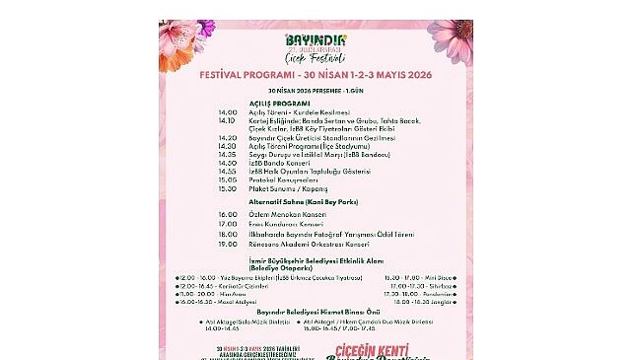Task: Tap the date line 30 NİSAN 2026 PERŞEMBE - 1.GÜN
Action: click(x=316, y=89)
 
